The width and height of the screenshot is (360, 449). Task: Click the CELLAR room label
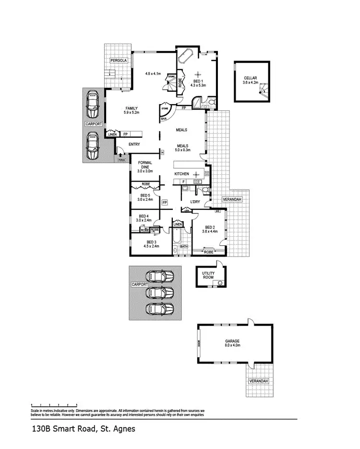pyautogui.click(x=251, y=80)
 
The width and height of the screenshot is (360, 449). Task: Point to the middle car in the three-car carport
pyautogui.click(x=160, y=292)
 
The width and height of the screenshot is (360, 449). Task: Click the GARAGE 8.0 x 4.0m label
pyautogui.click(x=232, y=343)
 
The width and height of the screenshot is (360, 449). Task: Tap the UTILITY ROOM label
pyautogui.click(x=208, y=276)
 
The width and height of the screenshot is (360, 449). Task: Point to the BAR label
pyautogui.click(x=164, y=118)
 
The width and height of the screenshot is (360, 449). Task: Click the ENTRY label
pyautogui.click(x=134, y=144)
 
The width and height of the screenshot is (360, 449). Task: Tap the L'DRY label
pyautogui.click(x=195, y=202)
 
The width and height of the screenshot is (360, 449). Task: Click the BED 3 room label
pyautogui.click(x=151, y=244)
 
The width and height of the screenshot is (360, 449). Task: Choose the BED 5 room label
pyautogui.click(x=145, y=197)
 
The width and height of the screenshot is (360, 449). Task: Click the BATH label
pyautogui.click(x=183, y=247)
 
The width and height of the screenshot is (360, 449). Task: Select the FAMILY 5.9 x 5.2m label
pyautogui.click(x=131, y=110)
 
